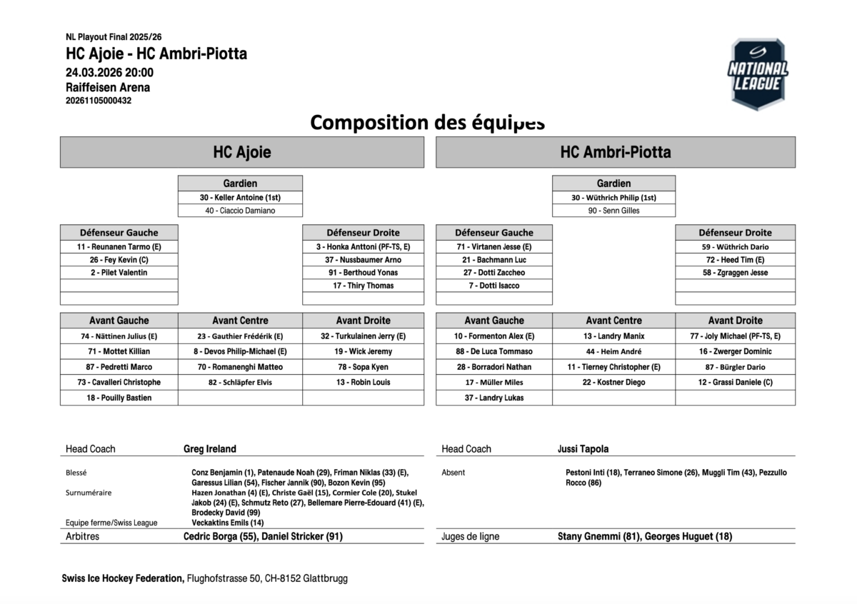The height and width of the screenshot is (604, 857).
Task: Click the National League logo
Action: point(758,74)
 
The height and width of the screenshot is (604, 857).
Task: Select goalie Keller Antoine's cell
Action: point(240,198)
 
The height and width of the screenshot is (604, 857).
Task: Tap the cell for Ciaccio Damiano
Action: point(240,211)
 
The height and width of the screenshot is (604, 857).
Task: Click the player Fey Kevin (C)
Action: point(119,260)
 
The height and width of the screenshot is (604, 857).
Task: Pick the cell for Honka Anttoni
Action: point(363,247)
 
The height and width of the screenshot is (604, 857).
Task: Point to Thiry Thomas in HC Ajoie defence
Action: point(363,286)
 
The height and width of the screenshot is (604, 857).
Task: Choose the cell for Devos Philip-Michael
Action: point(240,351)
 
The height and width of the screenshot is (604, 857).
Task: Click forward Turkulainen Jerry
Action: point(363,336)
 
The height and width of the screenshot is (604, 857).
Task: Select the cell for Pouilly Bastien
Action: point(119,398)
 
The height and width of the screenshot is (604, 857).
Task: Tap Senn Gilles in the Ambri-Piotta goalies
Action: point(613,211)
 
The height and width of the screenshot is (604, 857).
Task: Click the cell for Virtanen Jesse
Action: point(493,247)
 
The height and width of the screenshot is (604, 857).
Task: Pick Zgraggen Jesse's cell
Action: point(735,273)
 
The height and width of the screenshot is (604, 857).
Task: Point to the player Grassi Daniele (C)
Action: point(735,382)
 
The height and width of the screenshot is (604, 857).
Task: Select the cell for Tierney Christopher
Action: point(613,367)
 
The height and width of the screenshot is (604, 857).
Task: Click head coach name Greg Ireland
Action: point(210,449)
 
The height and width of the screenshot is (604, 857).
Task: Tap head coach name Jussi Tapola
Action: point(583,449)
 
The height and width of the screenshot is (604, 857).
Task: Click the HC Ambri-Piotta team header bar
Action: point(615,152)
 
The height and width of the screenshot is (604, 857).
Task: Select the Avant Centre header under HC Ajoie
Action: point(240,321)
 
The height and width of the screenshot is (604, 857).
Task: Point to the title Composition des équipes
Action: point(427,122)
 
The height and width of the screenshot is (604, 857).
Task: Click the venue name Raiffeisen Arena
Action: point(108,87)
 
